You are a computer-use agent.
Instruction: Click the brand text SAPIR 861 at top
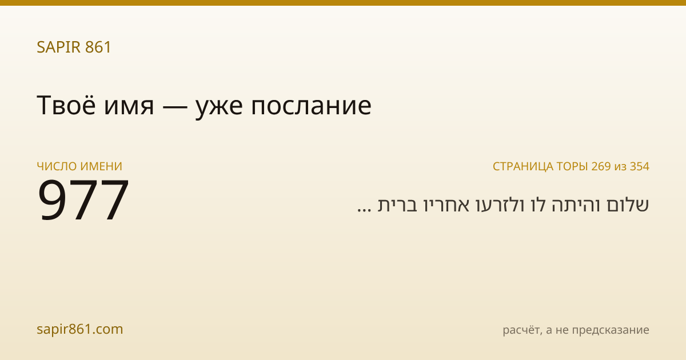pyautogui.click(x=74, y=47)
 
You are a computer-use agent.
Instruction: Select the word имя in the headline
pyautogui.click(x=129, y=107)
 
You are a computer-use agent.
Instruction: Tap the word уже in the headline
pyautogui.click(x=219, y=109)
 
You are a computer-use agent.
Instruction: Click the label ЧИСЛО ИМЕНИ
pyautogui.click(x=79, y=166)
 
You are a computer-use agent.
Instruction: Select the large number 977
pyautogui.click(x=83, y=199)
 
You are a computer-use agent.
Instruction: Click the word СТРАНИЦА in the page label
pyautogui.click(x=523, y=167)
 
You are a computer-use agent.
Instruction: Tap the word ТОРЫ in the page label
pyautogui.click(x=572, y=166)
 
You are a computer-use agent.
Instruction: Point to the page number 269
pyautogui.click(x=601, y=166)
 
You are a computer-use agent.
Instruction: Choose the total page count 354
pyautogui.click(x=640, y=166)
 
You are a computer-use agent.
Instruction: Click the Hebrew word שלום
pyautogui.click(x=627, y=205)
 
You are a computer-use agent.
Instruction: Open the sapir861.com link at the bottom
pyautogui.click(x=79, y=329)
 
